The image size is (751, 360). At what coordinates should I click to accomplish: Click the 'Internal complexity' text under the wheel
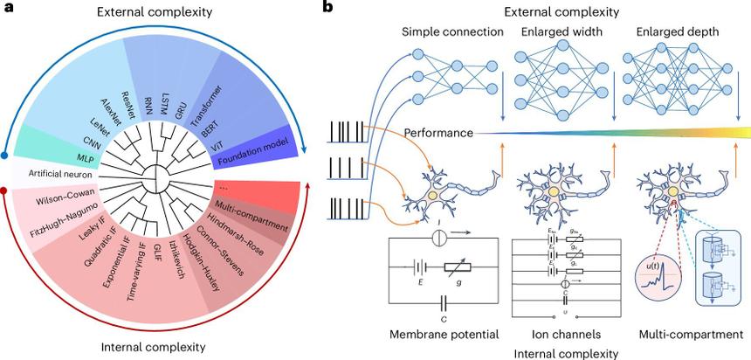click(154, 347)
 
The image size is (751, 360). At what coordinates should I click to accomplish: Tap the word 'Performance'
click(439, 133)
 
